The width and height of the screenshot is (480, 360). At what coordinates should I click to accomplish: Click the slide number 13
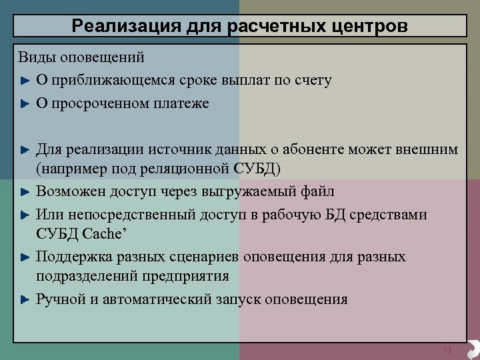[447, 351]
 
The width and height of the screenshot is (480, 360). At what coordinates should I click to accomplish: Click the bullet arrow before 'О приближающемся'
[25, 81]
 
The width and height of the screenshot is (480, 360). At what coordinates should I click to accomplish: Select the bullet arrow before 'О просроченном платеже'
[25, 104]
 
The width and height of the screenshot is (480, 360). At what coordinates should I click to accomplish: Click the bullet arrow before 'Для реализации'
[25, 149]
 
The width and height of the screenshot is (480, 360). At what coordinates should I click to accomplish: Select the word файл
[317, 192]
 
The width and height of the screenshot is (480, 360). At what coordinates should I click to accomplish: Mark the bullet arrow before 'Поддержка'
[25, 257]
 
